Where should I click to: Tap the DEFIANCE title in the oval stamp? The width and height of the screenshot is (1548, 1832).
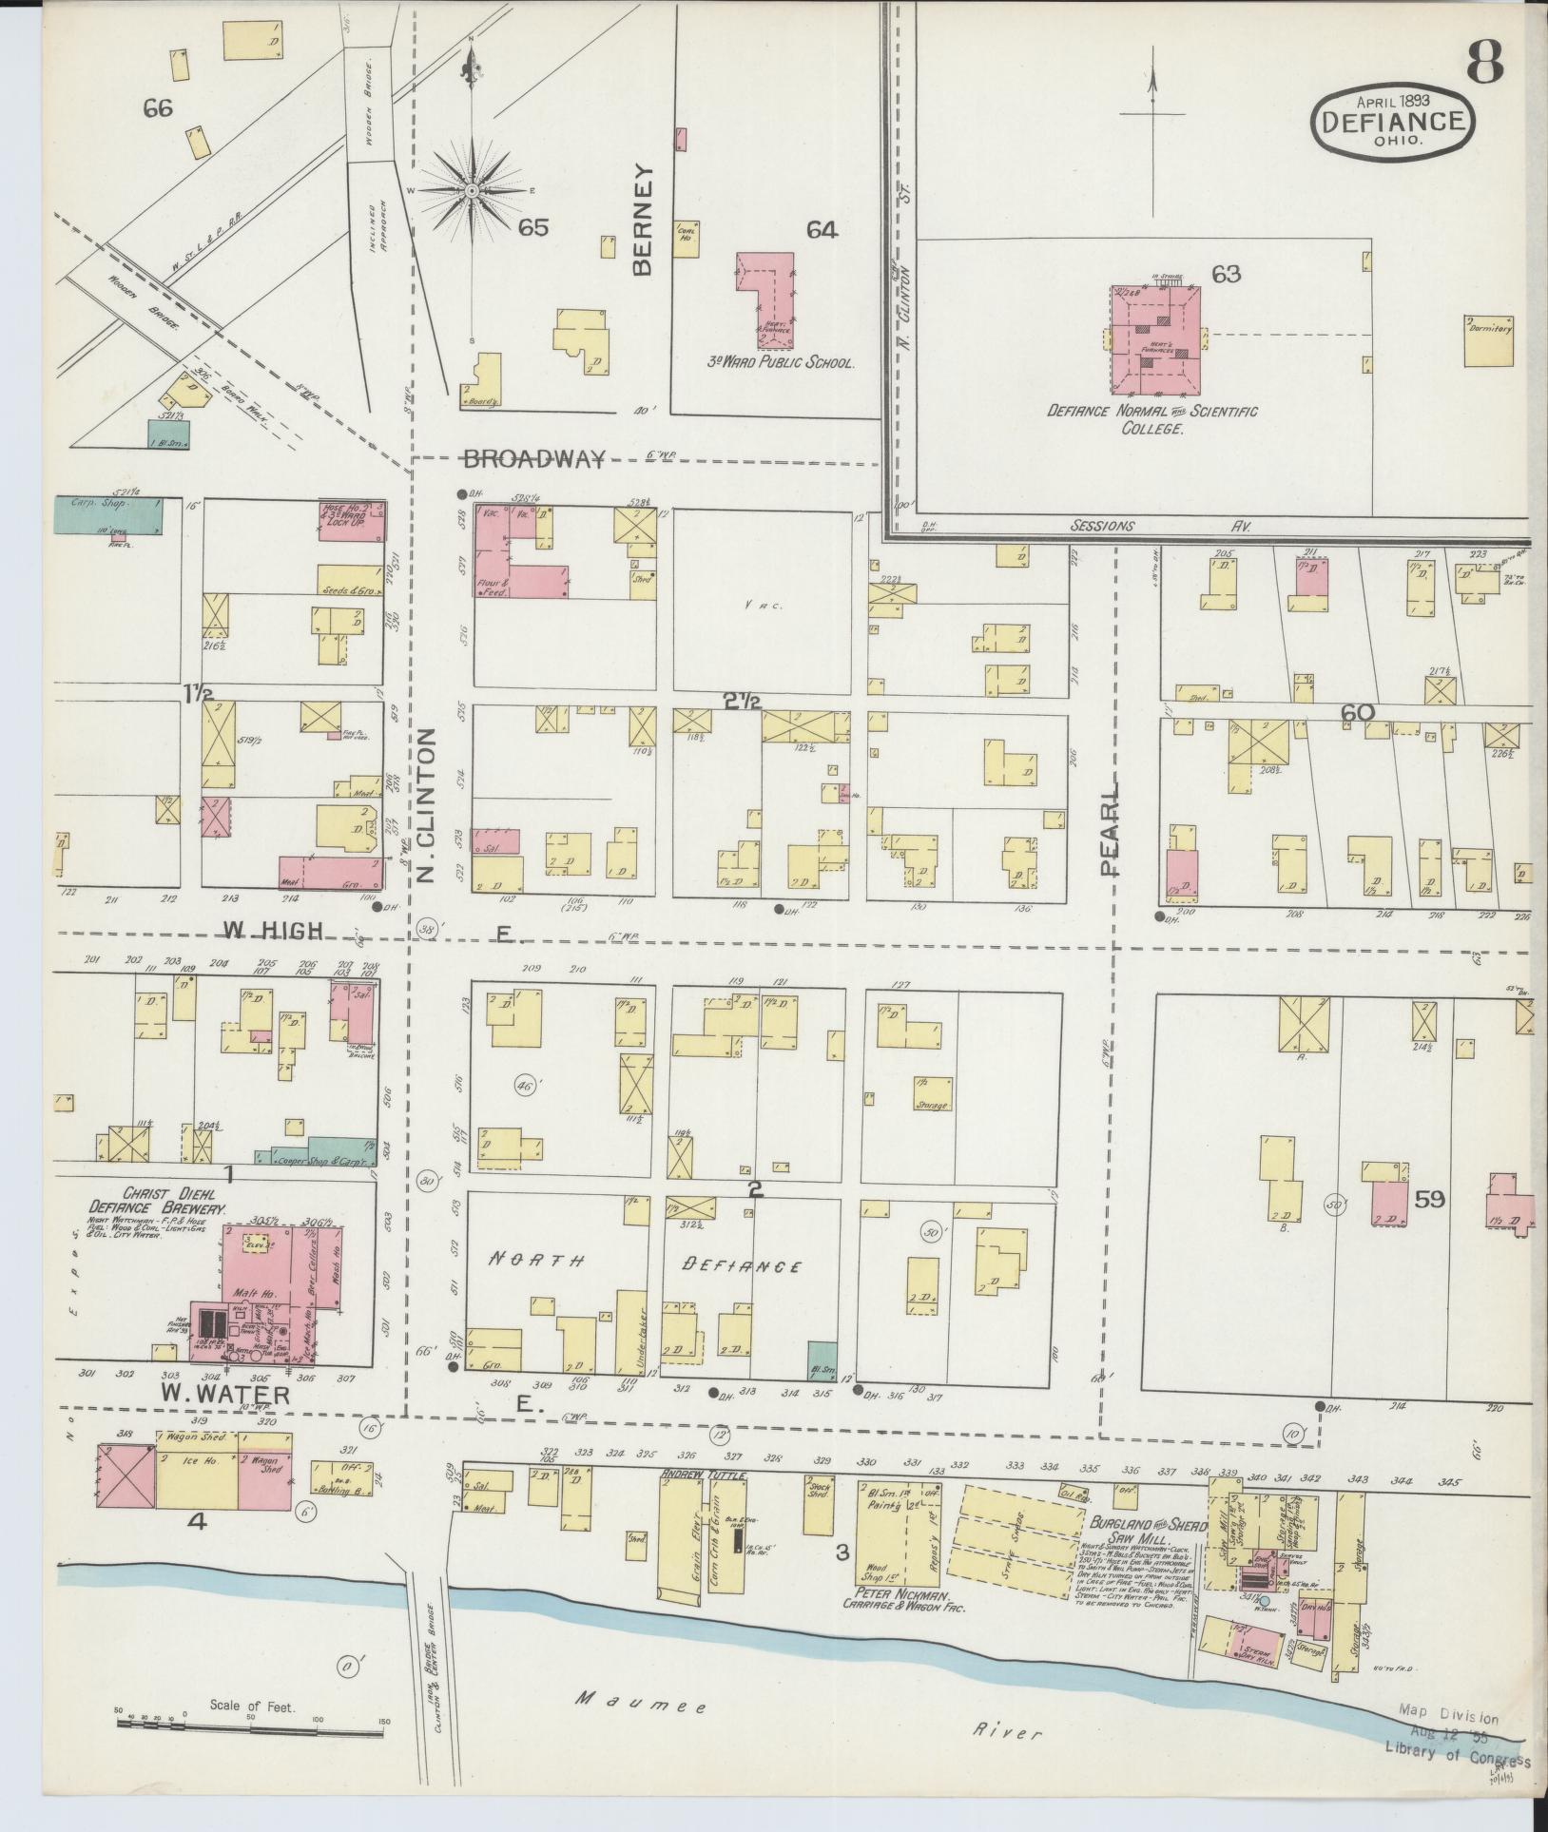pyautogui.click(x=1389, y=121)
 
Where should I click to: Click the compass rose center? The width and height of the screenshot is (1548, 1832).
pyautogui.click(x=472, y=192)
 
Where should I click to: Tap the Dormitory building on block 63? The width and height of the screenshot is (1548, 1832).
pyautogui.click(x=1489, y=339)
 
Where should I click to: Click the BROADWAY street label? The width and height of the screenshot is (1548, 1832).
pyautogui.click(x=533, y=459)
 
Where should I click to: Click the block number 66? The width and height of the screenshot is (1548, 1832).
pyautogui.click(x=158, y=109)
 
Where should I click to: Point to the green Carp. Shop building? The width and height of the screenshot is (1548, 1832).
pyautogui.click(x=106, y=513)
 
